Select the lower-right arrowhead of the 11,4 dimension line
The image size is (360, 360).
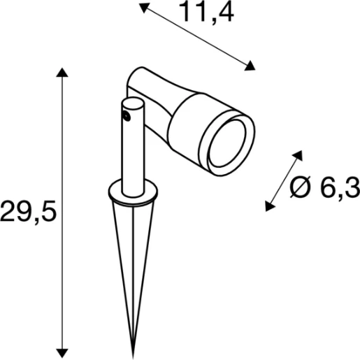250,66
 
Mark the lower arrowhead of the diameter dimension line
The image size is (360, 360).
268,205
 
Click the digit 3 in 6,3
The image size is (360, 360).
352,187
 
